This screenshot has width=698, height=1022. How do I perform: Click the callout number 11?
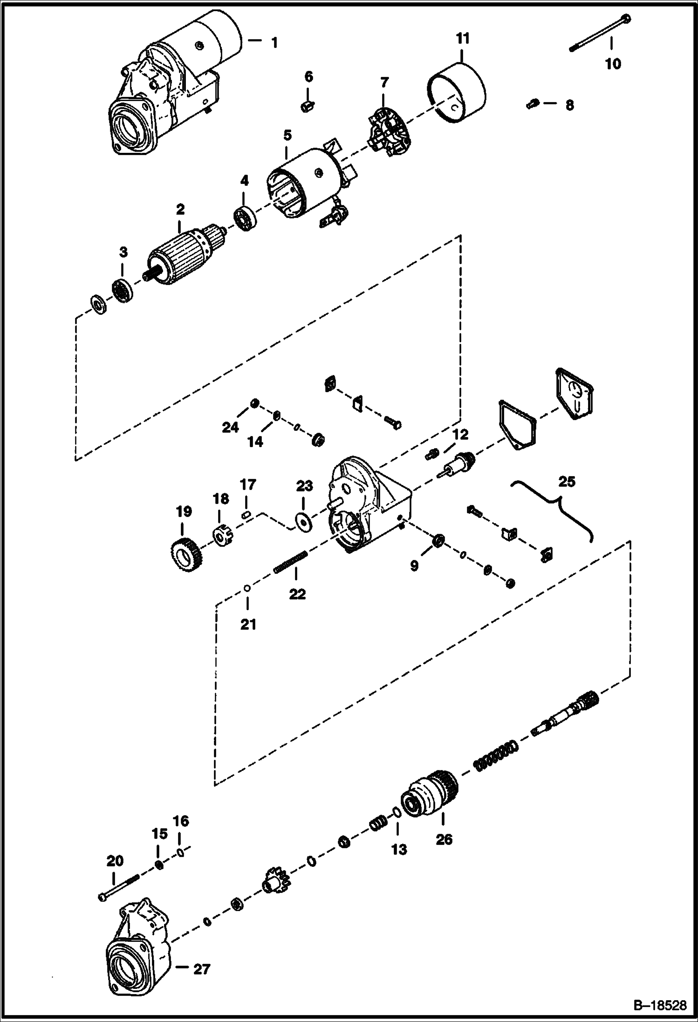[x=462, y=38]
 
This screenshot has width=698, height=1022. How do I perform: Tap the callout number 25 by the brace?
[x=567, y=481]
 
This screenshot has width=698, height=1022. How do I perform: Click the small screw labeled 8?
[x=533, y=104]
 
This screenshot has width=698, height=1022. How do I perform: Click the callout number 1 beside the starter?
[x=274, y=43]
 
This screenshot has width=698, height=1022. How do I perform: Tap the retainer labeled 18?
[x=223, y=534]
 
